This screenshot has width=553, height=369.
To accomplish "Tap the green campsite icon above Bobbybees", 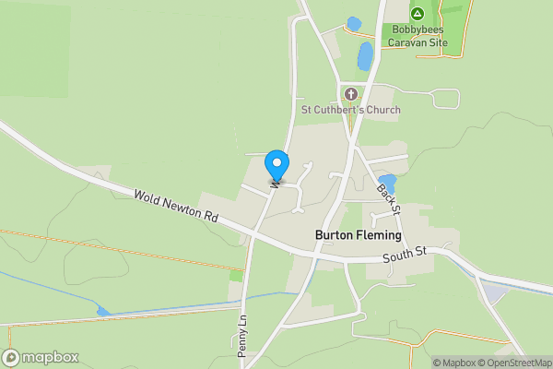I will pos(417,14).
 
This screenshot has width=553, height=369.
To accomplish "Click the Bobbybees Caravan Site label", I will pos(418,36).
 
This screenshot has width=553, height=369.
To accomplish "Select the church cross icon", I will pos(350,93).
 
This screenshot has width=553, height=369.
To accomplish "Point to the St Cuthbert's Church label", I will pos(351,110).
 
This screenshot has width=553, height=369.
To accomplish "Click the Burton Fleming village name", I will pos(359,235).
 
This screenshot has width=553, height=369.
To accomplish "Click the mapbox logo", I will pos(41,357).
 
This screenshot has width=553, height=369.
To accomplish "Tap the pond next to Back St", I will pos(387,184).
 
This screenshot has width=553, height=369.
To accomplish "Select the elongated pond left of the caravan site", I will pos(365,57).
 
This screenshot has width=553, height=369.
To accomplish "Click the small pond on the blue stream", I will pos(102,313).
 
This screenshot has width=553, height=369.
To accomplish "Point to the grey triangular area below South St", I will pos(494,293).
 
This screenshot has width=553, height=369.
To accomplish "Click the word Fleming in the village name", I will pos(379,235).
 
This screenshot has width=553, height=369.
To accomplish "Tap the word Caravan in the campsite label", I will pos(406,42).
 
